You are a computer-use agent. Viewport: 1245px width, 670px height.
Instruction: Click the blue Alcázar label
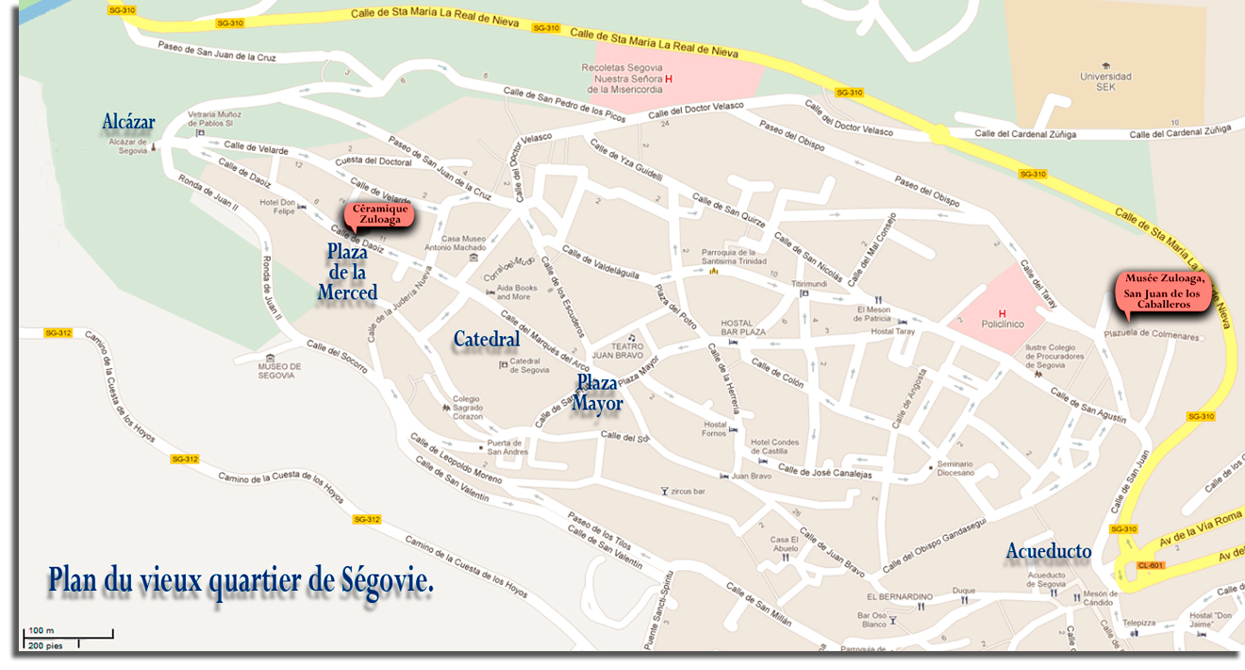tap(128, 123)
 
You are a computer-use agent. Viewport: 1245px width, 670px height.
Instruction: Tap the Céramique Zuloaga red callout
tap(377, 213)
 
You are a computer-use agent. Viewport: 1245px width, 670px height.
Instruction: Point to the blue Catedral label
tap(486, 339)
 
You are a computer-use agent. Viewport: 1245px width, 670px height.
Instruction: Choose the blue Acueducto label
tap(1048, 551)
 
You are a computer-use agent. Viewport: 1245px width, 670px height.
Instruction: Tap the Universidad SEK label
tap(1106, 81)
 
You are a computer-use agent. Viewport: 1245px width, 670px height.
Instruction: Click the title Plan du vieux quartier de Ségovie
tap(241, 579)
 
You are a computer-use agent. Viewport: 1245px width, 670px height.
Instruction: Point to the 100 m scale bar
tap(67, 634)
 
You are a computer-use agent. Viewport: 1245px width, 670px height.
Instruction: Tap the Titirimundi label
tap(809, 283)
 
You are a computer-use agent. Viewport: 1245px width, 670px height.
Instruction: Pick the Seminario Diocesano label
tap(956, 468)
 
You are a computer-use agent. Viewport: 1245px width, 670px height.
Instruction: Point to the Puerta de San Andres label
tap(506, 447)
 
